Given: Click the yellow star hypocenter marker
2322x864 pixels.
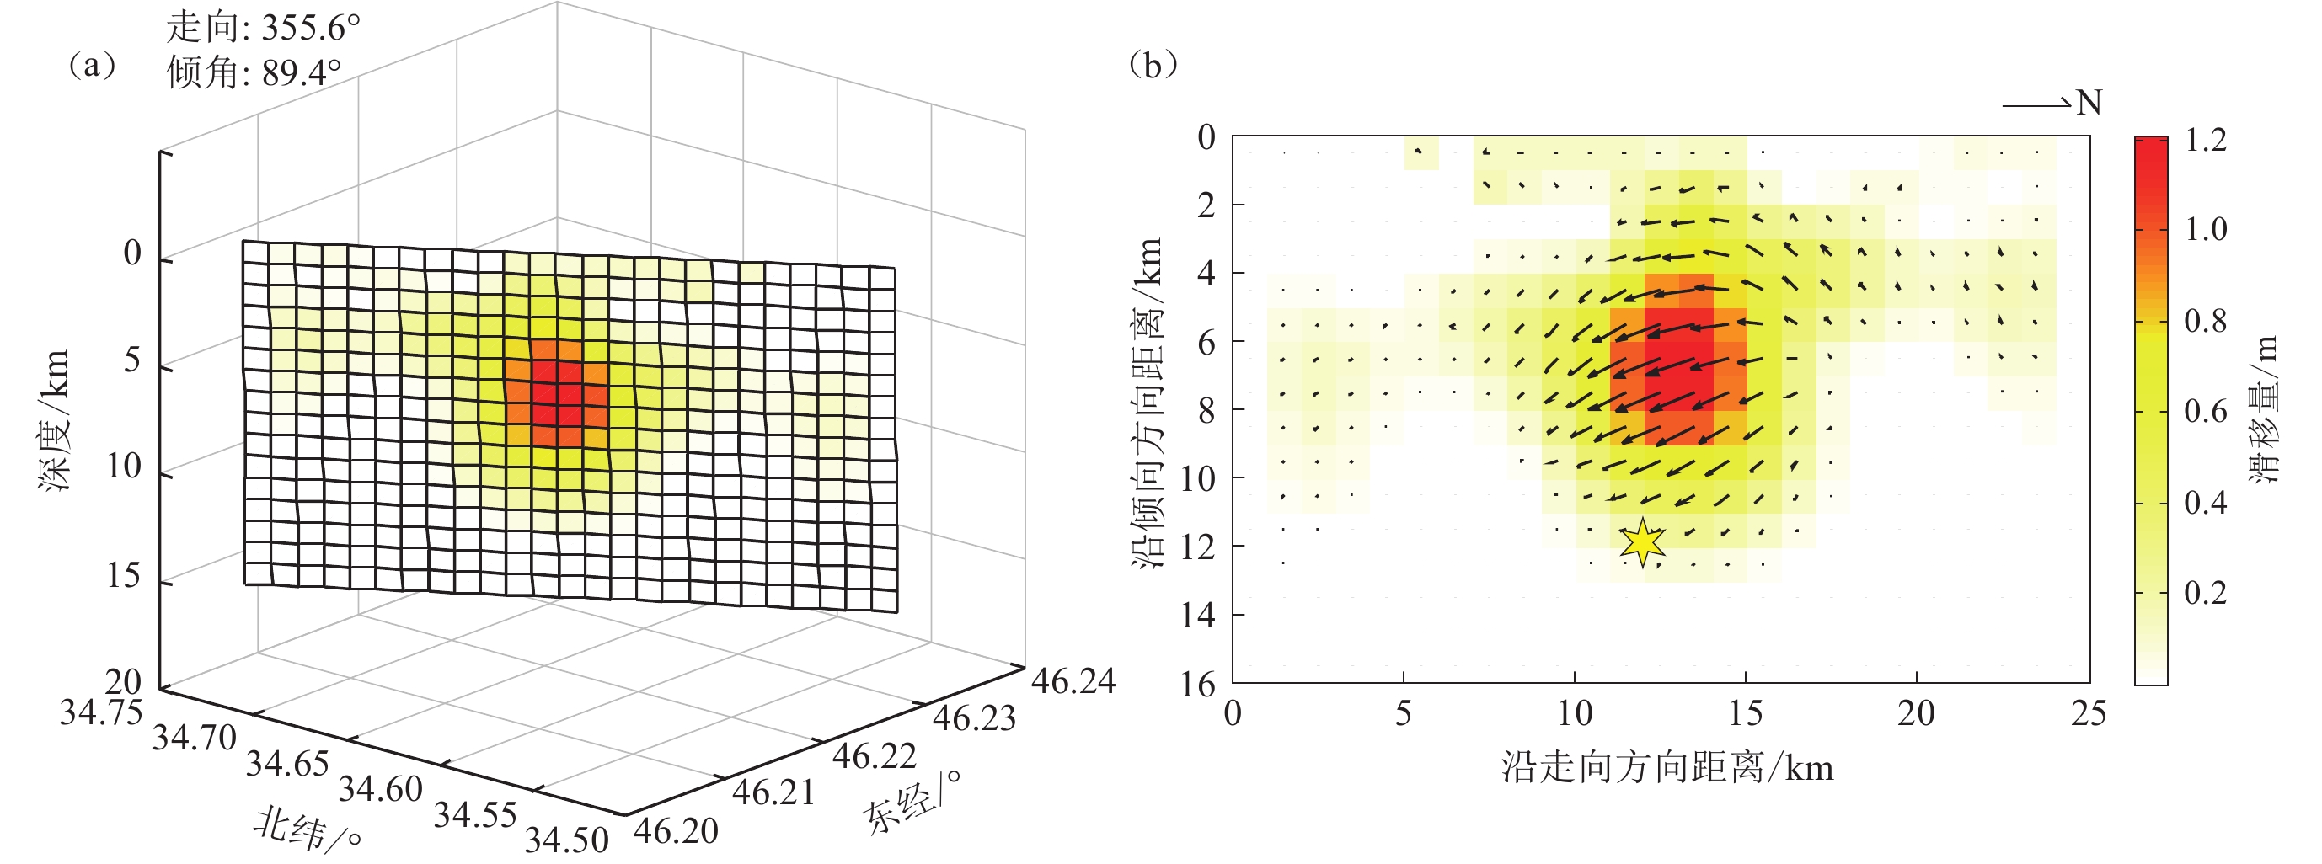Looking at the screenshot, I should point(1642,542).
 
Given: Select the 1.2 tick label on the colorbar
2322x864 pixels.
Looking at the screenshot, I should point(2206,141).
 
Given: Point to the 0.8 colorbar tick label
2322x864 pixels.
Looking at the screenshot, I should point(2206,321).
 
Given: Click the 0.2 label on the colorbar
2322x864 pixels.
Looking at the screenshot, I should point(2206,593).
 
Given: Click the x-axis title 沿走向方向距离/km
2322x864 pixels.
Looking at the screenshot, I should point(1667,769).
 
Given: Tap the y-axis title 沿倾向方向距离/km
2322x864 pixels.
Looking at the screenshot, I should point(1148,402).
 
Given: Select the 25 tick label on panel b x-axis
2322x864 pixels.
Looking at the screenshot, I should point(2089,714).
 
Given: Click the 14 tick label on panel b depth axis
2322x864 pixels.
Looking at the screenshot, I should point(1198,616).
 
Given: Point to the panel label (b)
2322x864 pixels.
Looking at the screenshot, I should point(1153,65).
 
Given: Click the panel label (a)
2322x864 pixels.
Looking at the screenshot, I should point(92,66).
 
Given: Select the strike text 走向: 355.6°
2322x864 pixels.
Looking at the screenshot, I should point(262,28).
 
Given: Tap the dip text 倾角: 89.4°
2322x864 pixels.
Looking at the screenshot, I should point(254,72).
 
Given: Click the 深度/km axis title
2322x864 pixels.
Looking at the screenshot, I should point(53,420).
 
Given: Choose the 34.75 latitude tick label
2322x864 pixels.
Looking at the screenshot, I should point(101,712).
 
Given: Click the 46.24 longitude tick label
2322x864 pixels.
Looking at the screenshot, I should point(1073,681).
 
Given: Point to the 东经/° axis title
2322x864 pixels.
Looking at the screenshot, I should point(910,802).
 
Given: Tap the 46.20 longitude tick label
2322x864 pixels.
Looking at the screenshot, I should point(676,830).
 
